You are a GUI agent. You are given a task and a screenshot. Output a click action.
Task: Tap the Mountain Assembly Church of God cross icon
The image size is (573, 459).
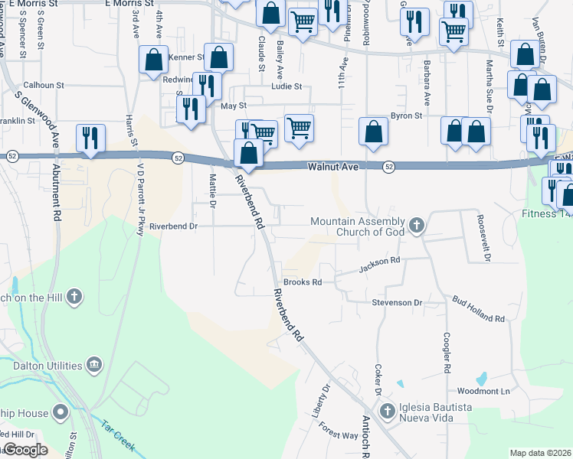[x=416, y=225]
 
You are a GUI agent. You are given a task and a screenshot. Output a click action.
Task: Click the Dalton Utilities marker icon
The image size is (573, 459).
[x=94, y=365]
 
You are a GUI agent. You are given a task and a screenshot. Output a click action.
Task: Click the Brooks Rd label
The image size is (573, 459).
[x=302, y=282]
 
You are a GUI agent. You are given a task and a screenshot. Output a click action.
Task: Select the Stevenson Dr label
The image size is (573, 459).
[x=398, y=303]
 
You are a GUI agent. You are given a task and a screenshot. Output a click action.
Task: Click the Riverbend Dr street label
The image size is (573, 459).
[x=173, y=226]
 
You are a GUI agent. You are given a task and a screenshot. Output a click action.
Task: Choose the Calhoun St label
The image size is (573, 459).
[x=46, y=86]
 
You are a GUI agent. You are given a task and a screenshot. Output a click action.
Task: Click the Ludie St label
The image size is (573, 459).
[x=286, y=87]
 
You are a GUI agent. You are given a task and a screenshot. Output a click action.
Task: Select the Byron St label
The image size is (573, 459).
[x=407, y=116]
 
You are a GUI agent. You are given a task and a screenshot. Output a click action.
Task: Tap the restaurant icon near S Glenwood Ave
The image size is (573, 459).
[x=90, y=138]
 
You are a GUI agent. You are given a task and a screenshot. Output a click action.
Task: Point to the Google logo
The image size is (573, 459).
[x=25, y=450]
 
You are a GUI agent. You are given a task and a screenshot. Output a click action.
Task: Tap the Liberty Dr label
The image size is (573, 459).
[x=325, y=399]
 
